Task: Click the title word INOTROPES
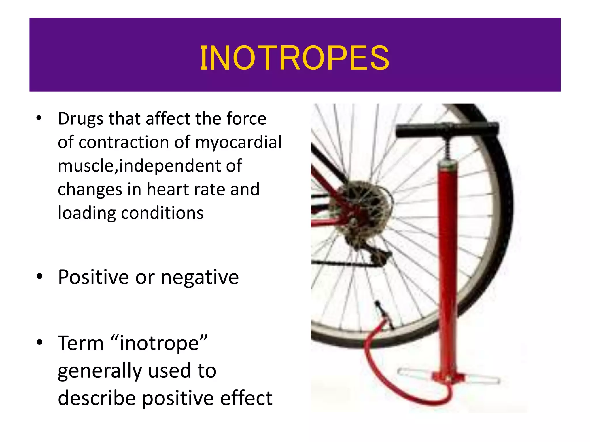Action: (x=294, y=58)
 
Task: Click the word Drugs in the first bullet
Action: (x=80, y=119)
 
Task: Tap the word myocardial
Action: (x=238, y=142)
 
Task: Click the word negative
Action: (x=200, y=277)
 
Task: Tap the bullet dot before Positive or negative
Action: (x=39, y=277)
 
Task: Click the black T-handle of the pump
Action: (x=447, y=129)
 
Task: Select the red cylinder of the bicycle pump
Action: (x=447, y=259)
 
